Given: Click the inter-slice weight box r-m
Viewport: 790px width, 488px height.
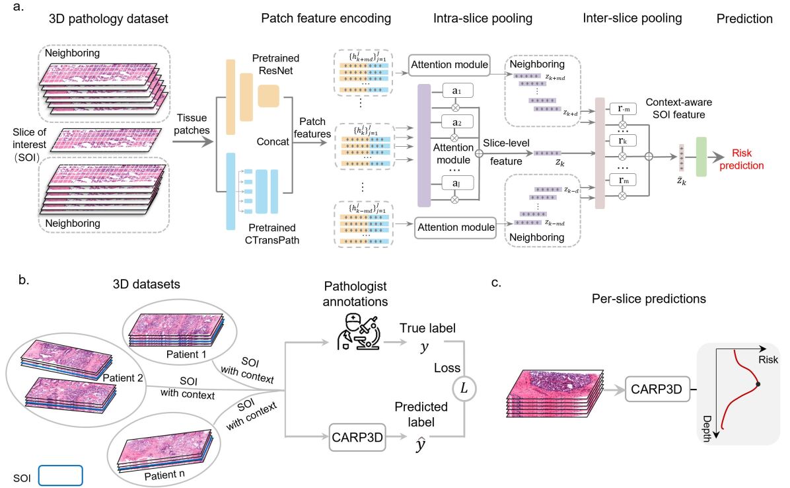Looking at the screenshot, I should coord(622,110).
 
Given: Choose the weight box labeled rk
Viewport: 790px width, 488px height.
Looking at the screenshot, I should coord(622,142).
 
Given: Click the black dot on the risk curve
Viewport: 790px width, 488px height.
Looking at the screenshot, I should coord(759,384).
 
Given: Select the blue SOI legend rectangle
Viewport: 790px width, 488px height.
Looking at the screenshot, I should coord(60,476).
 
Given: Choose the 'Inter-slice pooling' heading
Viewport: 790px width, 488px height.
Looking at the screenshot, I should coord(632,19).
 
